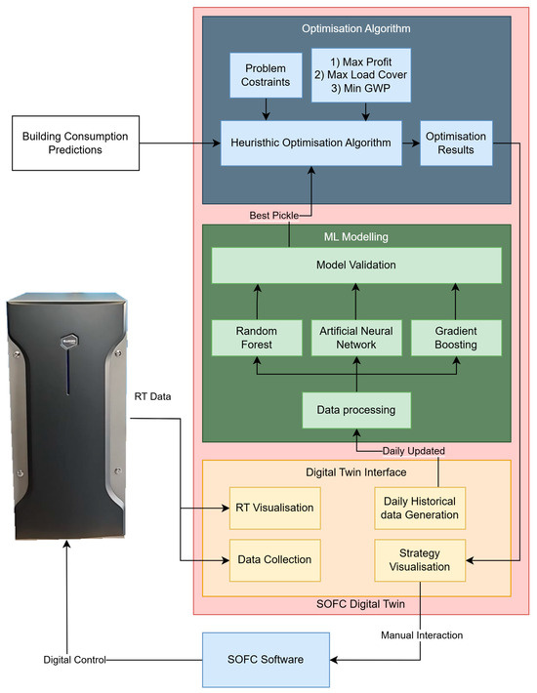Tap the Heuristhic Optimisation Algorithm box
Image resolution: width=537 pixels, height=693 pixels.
pyautogui.click(x=311, y=142)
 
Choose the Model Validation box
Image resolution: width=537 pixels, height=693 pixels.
pyautogui.click(x=355, y=265)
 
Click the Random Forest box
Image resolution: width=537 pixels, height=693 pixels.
pyautogui.click(x=255, y=337)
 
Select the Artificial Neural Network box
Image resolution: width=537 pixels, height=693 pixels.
pyautogui.click(x=355, y=337)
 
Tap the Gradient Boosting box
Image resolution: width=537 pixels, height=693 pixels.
pyautogui.click(x=456, y=337)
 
